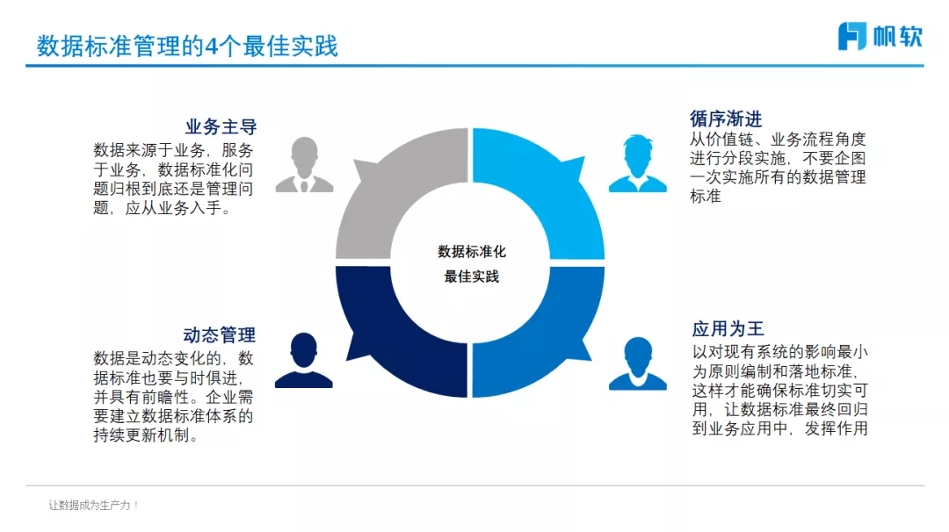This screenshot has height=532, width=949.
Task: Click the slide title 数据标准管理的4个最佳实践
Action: (x=187, y=46)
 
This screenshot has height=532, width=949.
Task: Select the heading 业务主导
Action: (x=221, y=127)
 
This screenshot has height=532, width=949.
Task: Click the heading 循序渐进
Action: (x=726, y=119)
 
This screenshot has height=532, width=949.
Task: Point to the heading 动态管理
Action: (x=220, y=334)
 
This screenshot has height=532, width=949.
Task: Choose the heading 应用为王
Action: (x=728, y=329)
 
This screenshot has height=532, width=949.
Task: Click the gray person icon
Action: (x=304, y=165)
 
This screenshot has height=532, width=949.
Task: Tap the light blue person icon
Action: (x=637, y=163)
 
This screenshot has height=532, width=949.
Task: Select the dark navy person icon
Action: (x=304, y=361)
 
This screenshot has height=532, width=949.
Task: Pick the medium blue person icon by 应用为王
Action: (x=637, y=363)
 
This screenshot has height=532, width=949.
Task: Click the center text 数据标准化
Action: (x=472, y=252)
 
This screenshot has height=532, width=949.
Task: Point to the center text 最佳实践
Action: (x=472, y=277)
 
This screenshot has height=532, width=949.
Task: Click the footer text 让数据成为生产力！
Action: (x=94, y=506)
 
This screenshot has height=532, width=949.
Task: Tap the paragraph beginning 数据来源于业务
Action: (x=174, y=179)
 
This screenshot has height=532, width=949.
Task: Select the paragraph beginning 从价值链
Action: (x=778, y=167)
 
